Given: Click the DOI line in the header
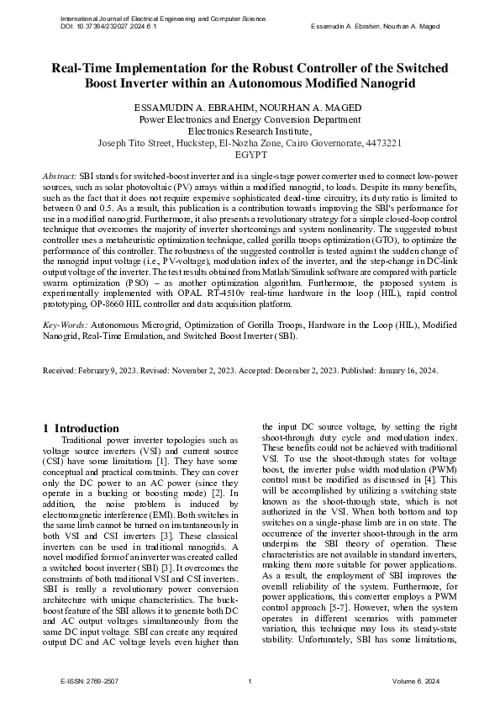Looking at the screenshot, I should pos(108,26).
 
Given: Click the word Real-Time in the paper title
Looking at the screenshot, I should pos(86,68).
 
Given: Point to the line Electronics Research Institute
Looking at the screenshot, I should pos(250,131).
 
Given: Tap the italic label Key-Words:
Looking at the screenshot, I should pos(66,323).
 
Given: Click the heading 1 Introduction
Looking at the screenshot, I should pos(81,428).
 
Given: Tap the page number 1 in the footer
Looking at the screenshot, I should pos(250,681).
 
